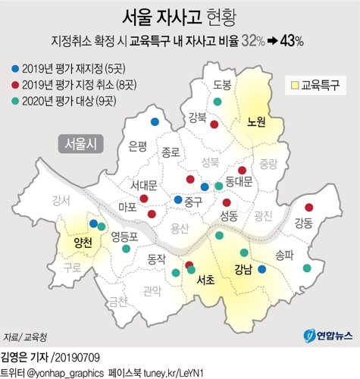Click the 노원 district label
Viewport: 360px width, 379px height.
click(256, 121)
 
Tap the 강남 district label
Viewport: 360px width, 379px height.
click(243, 269)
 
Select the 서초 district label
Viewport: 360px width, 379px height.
click(205, 280)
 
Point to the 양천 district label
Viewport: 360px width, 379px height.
click(82, 243)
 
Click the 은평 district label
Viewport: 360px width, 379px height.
click(139, 144)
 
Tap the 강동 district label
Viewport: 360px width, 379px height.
click(303, 222)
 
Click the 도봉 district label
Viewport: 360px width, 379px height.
click(223, 84)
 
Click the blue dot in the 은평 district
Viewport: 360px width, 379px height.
click(155, 121)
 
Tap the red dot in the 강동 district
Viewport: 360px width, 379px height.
click(308, 207)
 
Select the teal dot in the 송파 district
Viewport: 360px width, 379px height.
click(306, 268)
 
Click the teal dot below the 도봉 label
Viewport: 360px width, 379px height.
click(218, 102)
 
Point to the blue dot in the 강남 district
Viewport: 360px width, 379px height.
click(262, 268)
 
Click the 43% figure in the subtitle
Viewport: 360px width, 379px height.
click(291, 40)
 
